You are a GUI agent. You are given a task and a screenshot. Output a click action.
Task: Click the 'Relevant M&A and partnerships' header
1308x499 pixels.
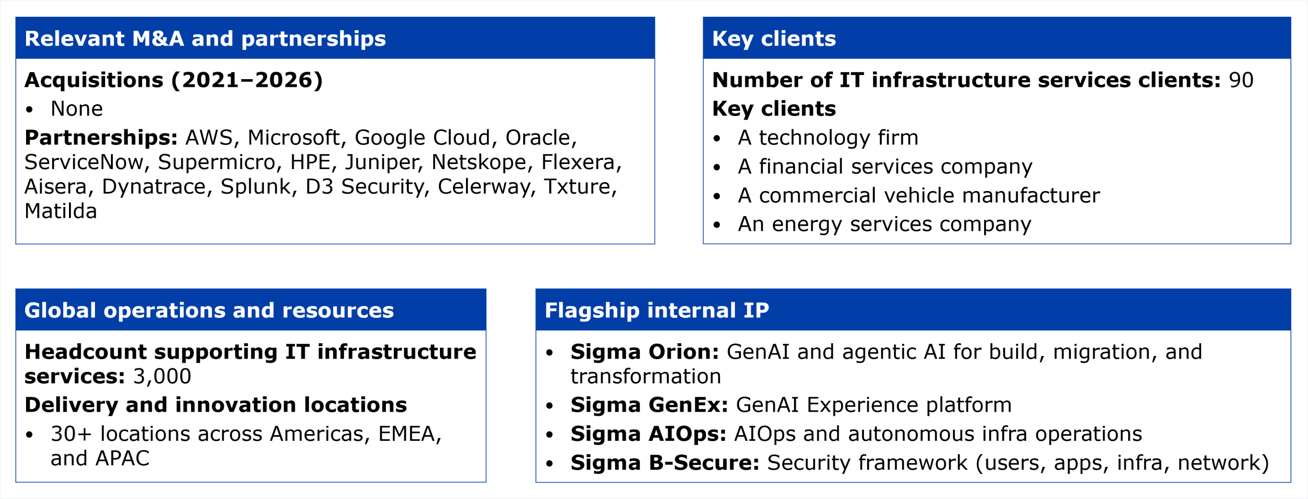click(x=205, y=39)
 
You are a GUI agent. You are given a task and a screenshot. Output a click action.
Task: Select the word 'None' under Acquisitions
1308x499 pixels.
click(x=77, y=109)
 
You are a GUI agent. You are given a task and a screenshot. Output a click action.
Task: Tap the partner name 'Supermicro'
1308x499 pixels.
click(x=217, y=162)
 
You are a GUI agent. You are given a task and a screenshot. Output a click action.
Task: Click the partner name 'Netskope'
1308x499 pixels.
click(x=479, y=162)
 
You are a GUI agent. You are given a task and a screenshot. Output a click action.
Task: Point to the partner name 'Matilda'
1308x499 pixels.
click(x=61, y=211)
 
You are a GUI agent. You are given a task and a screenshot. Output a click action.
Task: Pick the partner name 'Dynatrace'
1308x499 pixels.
click(x=154, y=187)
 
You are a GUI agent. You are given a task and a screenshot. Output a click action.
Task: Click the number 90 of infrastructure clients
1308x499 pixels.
click(x=1241, y=80)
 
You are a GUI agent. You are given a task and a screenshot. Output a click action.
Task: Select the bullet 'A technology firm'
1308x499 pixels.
click(x=828, y=138)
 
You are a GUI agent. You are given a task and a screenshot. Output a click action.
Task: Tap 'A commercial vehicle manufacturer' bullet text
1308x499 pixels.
click(x=919, y=196)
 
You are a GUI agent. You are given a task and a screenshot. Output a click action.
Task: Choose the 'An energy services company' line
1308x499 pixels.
click(x=884, y=225)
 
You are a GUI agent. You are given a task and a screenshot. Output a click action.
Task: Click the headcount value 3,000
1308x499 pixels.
click(x=162, y=377)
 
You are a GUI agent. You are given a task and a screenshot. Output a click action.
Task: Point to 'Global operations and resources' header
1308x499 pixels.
click(x=209, y=311)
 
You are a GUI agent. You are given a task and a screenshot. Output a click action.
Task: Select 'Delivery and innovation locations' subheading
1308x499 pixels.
click(x=216, y=405)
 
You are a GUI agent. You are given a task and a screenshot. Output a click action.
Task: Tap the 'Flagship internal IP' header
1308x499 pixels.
click(x=657, y=311)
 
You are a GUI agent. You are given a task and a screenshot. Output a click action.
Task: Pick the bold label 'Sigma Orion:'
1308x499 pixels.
click(x=645, y=352)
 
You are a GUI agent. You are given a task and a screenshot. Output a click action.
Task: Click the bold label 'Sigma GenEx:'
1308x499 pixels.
click(x=649, y=405)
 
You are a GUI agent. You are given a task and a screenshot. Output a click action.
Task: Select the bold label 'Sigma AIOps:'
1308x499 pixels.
click(x=648, y=434)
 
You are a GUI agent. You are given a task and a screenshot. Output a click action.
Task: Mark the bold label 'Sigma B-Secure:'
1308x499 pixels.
click(x=665, y=463)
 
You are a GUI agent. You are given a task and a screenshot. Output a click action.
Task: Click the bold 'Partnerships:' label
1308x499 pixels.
click(x=101, y=138)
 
